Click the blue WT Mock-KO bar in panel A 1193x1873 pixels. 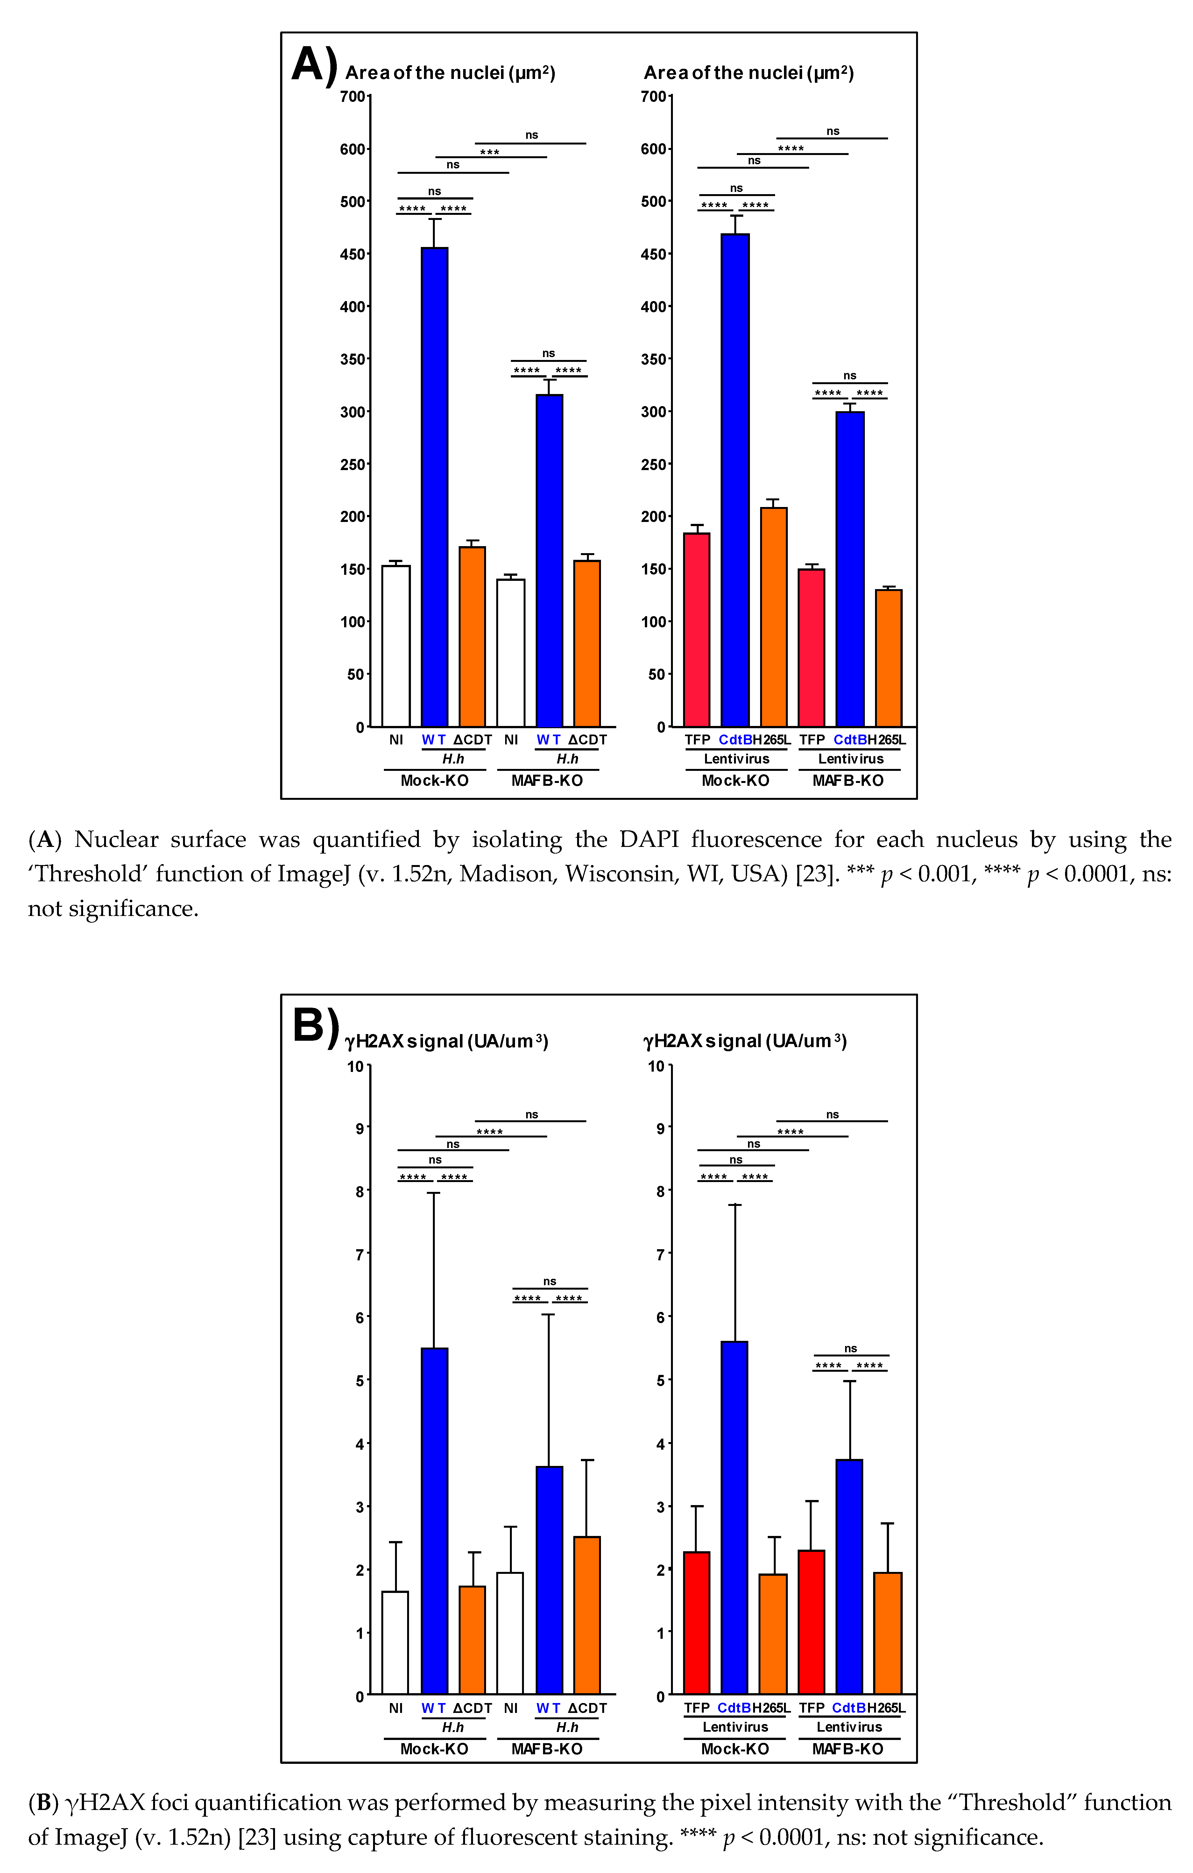434,486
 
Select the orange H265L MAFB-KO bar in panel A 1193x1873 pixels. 888,657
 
